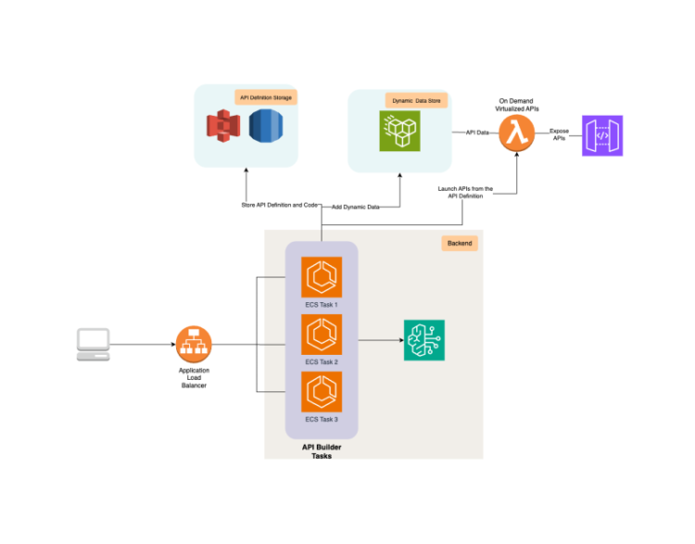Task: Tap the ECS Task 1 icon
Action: (x=322, y=277)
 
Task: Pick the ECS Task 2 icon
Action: (x=322, y=335)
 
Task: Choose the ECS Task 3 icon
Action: (x=322, y=392)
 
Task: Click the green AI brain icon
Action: (x=424, y=340)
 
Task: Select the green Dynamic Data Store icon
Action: (x=399, y=132)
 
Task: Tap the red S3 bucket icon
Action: (x=222, y=125)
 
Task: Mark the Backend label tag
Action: (x=460, y=243)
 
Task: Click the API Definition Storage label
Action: (x=268, y=96)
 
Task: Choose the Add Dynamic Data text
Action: (x=356, y=207)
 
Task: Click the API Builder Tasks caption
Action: (x=321, y=451)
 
